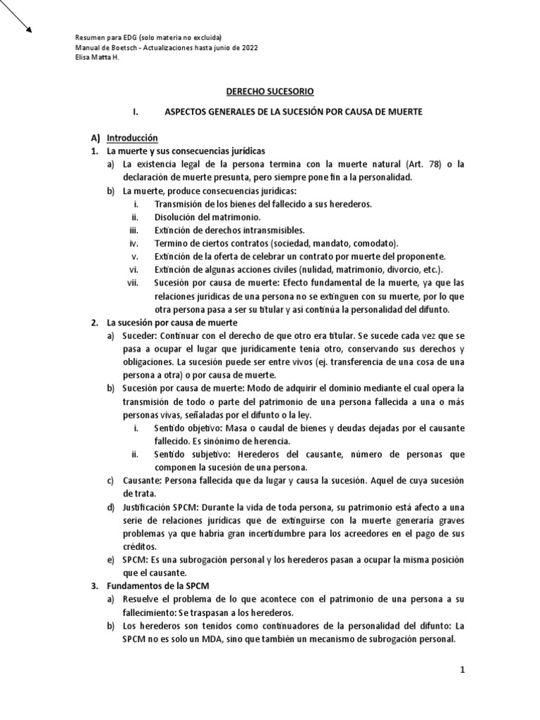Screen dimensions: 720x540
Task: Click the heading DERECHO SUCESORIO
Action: click(x=270, y=91)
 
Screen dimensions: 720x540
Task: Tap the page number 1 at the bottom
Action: click(x=463, y=671)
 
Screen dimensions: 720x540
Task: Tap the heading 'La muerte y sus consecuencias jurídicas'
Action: click(x=185, y=150)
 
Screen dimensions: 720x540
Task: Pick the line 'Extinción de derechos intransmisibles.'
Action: click(x=229, y=230)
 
